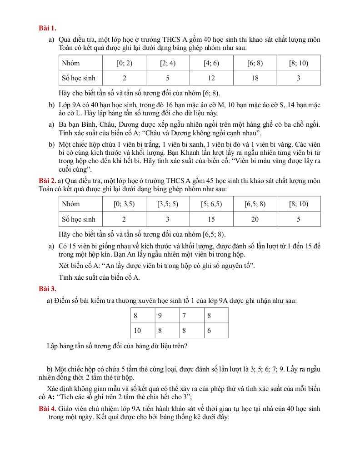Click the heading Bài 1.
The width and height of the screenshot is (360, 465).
click(x=47, y=28)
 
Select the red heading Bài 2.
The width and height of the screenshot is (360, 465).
click(x=47, y=181)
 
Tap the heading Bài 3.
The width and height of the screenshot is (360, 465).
click(x=47, y=288)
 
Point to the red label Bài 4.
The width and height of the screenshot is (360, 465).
click(x=47, y=409)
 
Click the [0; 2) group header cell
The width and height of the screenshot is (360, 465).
click(x=124, y=63)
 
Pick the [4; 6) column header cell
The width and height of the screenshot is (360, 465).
click(x=211, y=63)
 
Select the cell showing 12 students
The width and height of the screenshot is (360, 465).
click(x=211, y=78)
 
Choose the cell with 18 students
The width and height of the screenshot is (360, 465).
click(x=255, y=78)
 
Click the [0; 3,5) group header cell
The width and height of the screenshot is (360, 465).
click(x=124, y=204)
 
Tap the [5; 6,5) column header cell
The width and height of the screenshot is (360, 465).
click(x=211, y=204)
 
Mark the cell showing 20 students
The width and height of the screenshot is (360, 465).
click(x=255, y=219)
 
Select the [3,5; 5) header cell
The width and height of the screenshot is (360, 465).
click(x=168, y=204)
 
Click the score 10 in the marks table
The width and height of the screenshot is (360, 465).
click(x=137, y=331)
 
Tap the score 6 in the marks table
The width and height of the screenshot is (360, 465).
click(x=209, y=331)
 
